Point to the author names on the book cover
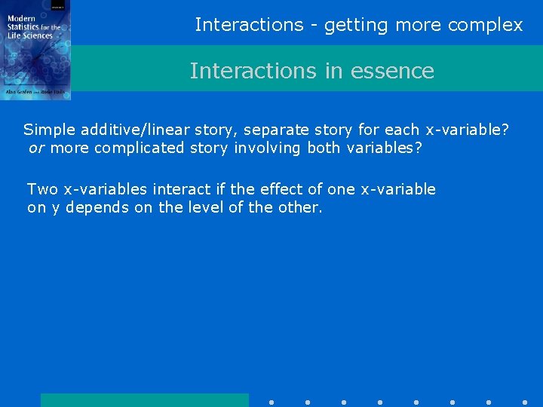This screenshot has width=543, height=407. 35,91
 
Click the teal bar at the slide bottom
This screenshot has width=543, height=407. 144,399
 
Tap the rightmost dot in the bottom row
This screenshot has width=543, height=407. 525,402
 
